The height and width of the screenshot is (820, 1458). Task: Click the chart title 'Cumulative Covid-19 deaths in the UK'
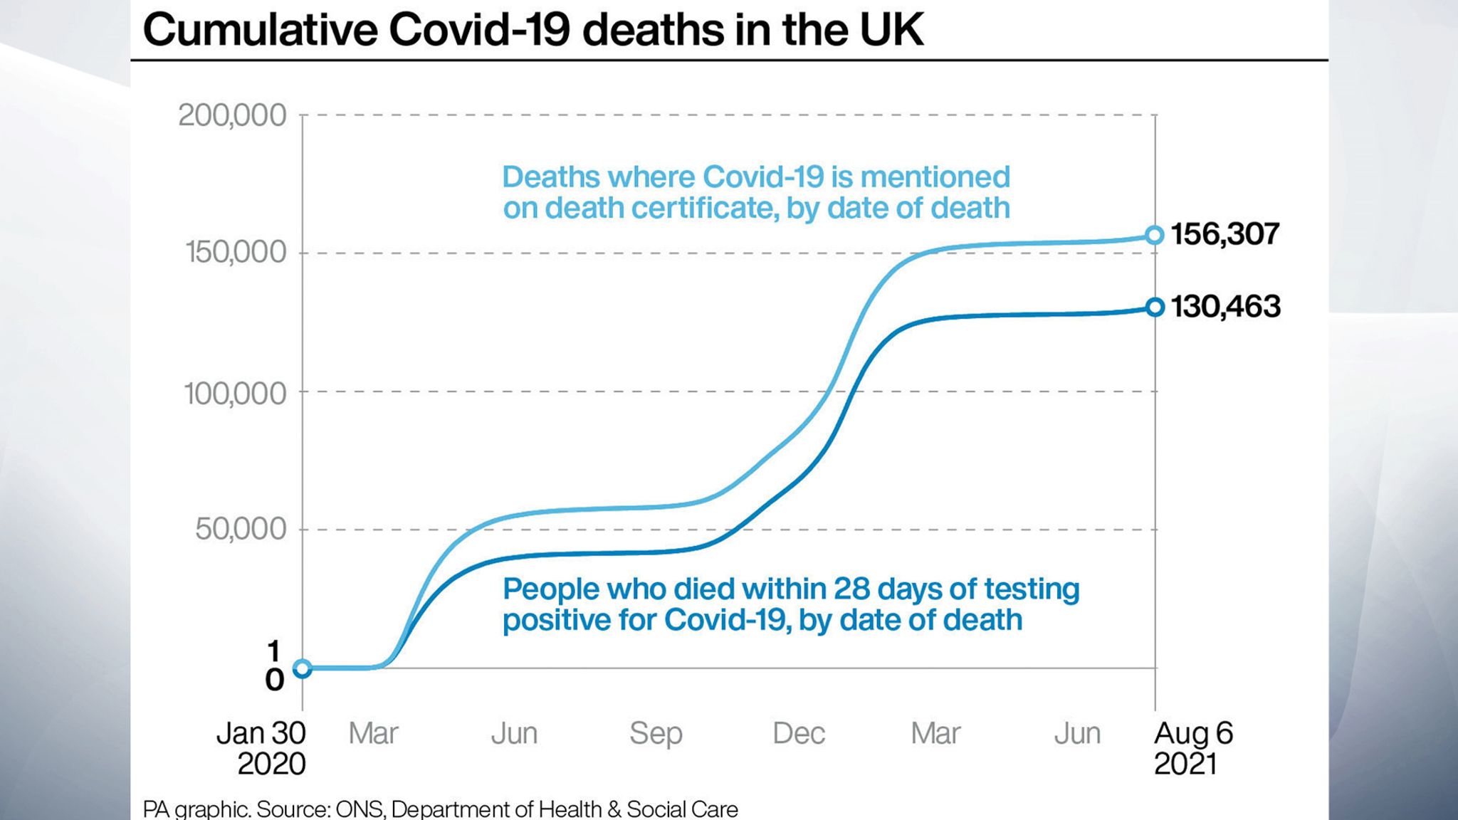(533, 30)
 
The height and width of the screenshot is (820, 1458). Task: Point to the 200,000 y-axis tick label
(232, 115)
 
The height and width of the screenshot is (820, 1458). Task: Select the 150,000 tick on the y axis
(236, 253)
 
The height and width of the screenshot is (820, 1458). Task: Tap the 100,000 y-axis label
(235, 394)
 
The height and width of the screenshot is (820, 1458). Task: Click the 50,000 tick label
(241, 530)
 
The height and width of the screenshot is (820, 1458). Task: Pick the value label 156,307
(1224, 234)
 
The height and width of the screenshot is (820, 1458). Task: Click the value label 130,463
(1225, 307)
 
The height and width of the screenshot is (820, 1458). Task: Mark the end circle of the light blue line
(1155, 235)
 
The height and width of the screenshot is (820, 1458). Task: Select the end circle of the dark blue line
(1155, 307)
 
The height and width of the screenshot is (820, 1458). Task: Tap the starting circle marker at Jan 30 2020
(303, 668)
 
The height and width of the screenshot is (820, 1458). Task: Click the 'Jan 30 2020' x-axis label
(262, 748)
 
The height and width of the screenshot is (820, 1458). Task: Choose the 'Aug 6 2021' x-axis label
(1193, 748)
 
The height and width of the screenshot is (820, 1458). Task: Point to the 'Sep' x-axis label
(656, 734)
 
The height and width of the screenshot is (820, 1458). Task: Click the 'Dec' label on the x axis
(798, 734)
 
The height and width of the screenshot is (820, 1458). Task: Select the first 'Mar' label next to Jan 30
(373, 734)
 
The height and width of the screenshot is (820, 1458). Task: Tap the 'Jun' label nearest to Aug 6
(1077, 734)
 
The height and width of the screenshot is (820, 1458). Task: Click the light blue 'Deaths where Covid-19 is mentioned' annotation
(756, 192)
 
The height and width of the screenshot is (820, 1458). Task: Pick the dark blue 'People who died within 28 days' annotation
(790, 604)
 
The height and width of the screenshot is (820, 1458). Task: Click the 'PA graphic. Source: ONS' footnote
(440, 809)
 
